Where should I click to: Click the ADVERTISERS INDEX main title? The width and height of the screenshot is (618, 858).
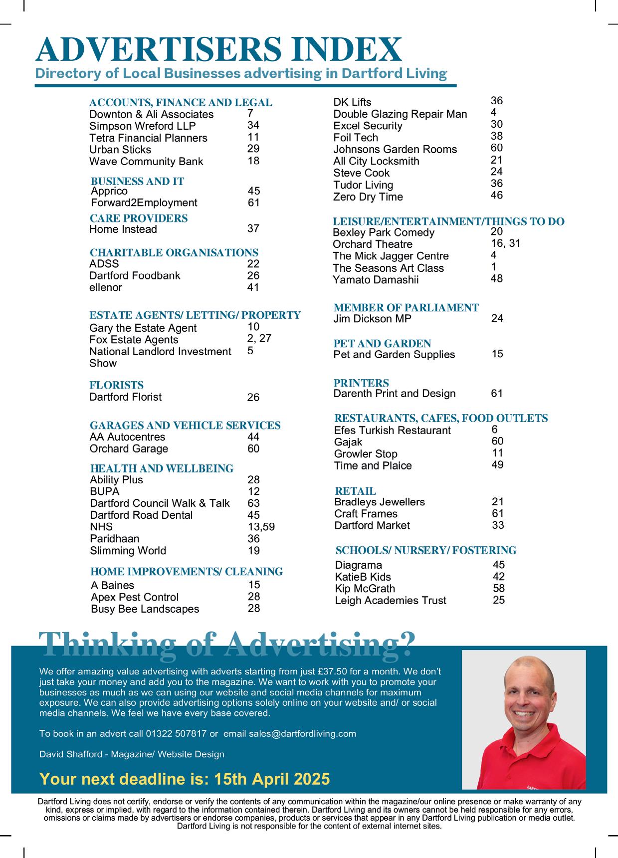pos(218,50)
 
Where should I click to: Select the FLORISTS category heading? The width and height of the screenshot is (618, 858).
pos(116,385)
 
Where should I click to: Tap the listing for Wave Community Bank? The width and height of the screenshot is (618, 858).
pos(146,162)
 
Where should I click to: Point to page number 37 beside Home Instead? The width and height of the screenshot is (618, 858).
pos(253,228)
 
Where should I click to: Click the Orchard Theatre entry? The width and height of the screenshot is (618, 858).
pos(373,244)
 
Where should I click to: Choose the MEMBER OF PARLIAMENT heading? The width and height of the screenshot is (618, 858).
pos(406,307)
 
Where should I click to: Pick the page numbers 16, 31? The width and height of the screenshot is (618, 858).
pos(505,243)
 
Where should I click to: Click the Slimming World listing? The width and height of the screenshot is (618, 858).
pos(128,551)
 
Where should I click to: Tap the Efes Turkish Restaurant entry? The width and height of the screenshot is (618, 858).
pos(392,430)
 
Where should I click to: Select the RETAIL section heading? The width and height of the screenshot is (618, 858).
pos(356,491)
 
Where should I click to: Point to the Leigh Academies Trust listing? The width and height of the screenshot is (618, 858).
pos(391,601)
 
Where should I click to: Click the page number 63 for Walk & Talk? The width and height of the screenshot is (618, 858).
pos(253,503)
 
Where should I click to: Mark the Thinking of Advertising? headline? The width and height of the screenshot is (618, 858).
pos(226,644)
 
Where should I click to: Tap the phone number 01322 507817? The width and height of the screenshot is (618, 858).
pos(176,734)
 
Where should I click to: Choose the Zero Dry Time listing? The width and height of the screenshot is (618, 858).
pos(368,197)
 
